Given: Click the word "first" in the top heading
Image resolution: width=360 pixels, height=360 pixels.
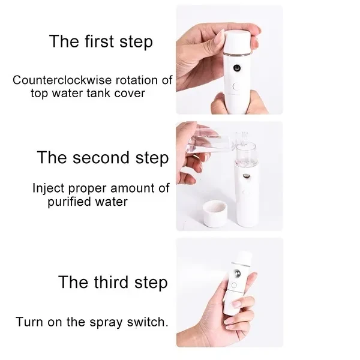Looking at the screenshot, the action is coord(100,41).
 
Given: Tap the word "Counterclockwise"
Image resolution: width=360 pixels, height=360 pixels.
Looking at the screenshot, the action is coord(62,80).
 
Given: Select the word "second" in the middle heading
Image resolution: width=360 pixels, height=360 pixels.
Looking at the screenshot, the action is coord(101,157).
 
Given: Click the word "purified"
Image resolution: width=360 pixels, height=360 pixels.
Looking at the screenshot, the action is coord(70,202).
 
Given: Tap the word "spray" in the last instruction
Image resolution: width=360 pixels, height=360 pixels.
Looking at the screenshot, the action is coord(106,323).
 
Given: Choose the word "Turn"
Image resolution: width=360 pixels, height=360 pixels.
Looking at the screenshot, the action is coord(30,322).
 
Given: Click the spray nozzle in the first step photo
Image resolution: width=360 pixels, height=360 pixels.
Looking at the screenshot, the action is coord(237,68).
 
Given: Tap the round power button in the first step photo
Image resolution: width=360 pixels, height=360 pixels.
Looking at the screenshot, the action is coord(236,86).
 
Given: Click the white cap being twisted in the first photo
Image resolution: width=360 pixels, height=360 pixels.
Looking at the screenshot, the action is coord(238,43).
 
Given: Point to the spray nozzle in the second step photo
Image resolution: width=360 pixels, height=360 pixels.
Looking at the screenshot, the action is coord(246,176).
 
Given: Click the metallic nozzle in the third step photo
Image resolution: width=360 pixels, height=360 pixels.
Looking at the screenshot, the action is coord(237,274).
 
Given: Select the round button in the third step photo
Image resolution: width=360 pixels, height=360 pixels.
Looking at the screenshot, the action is coord(234,286).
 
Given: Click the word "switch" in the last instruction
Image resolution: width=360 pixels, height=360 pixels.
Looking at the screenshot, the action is coord(146,322).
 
